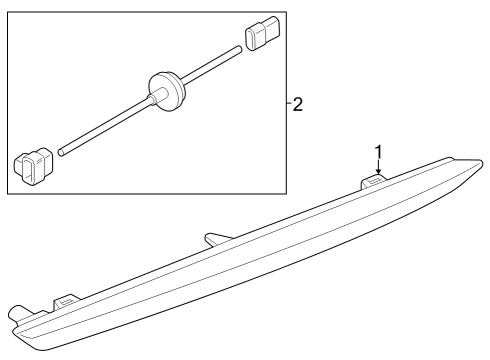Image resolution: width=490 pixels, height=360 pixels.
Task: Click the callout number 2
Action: click(298, 104)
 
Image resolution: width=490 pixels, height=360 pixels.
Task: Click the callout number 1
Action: click(378, 152)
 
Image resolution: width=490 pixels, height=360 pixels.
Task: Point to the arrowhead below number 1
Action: click(378, 171)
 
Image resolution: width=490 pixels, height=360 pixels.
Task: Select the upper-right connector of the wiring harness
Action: click(262, 33)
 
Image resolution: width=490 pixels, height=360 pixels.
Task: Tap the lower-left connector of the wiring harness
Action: click(33, 166)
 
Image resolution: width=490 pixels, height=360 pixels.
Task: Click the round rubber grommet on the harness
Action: click(166, 91)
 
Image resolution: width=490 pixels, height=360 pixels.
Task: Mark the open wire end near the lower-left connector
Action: click(61, 153)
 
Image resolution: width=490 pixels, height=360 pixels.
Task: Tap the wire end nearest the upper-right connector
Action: click(239, 49)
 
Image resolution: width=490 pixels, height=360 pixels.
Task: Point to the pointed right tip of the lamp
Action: click(481, 163)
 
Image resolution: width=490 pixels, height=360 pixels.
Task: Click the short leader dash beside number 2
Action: click(289, 104)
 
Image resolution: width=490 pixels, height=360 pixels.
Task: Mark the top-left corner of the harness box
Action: click(8, 12)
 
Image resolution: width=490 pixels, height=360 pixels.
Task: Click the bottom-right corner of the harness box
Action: click(286, 194)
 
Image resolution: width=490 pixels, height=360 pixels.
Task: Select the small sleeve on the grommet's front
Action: click(157, 96)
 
